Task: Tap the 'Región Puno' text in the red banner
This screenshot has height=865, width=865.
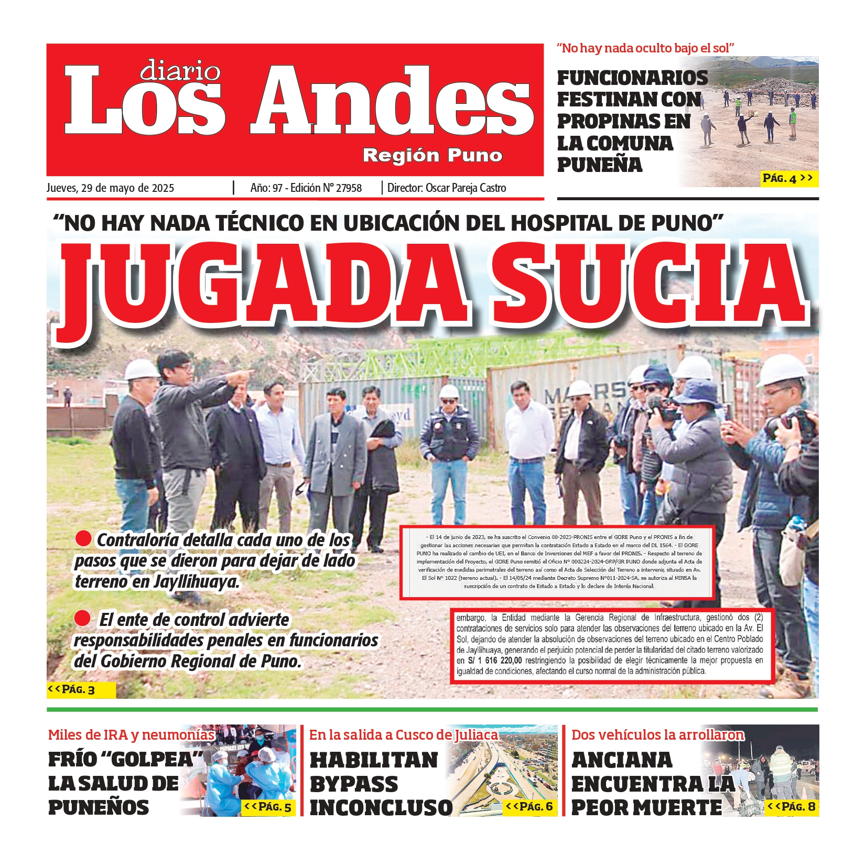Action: (433, 155)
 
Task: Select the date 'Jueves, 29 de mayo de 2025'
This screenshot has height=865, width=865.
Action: (110, 188)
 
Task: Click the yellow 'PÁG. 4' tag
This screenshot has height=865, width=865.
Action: (788, 179)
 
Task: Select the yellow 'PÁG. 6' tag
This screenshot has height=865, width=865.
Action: (530, 806)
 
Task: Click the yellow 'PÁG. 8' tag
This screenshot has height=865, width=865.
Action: (792, 806)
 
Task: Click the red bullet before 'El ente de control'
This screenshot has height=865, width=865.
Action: (82, 618)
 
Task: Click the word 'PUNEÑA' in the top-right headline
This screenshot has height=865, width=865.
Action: (599, 165)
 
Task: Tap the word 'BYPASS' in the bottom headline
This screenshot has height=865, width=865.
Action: (354, 784)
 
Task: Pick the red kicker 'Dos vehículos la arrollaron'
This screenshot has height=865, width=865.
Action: (657, 734)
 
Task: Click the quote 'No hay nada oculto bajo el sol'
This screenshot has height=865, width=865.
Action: (645, 48)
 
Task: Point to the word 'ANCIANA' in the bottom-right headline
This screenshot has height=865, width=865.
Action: (622, 760)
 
